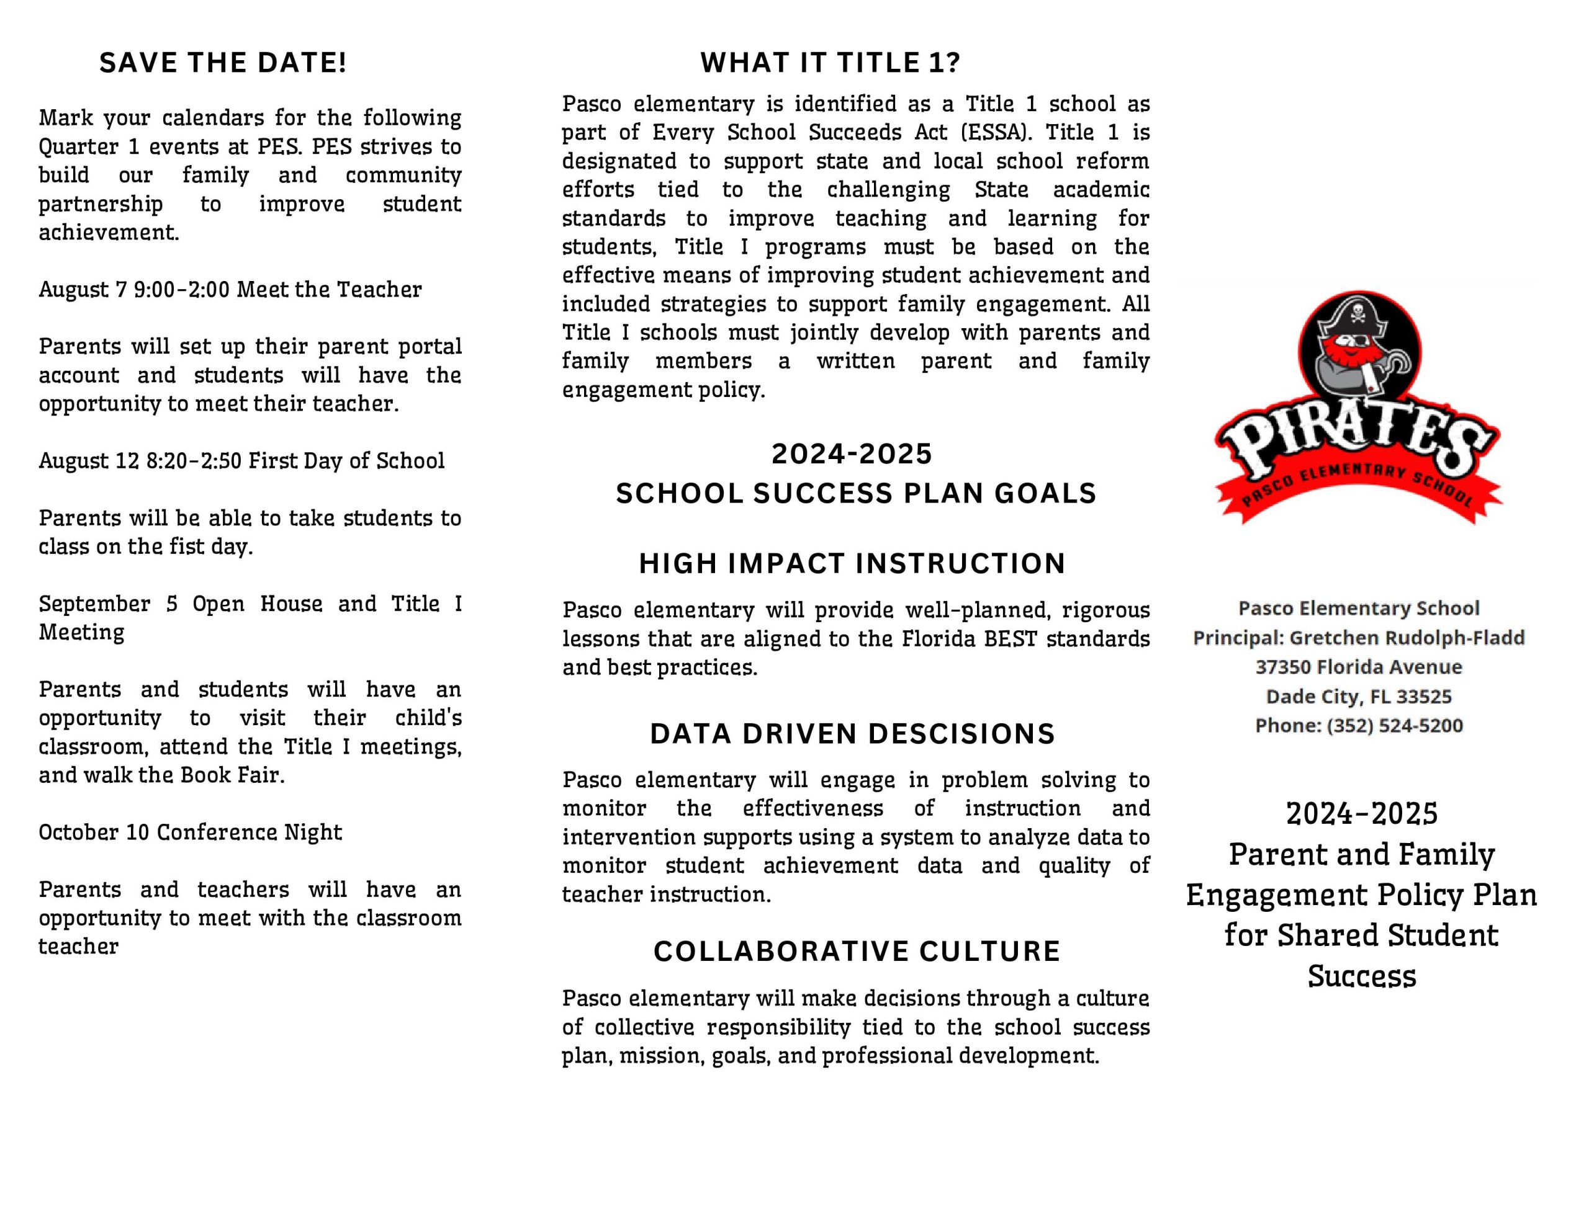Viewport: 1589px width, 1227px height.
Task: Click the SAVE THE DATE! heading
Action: coord(223,63)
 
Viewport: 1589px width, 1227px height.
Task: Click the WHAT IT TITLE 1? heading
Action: coord(830,63)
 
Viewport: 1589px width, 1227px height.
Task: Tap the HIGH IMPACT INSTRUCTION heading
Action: coord(852,564)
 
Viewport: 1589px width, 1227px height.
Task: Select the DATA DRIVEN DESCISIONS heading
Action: coord(852,734)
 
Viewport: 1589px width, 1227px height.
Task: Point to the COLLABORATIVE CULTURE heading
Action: coord(857,952)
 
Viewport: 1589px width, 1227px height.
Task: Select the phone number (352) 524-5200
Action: coord(1395,725)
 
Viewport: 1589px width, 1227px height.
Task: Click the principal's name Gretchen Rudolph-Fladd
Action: coord(1407,638)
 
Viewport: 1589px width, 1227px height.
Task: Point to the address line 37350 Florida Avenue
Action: coord(1358,667)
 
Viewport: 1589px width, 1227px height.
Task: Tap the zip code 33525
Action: coord(1424,697)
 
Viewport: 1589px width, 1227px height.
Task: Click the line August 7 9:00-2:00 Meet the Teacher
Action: coord(230,290)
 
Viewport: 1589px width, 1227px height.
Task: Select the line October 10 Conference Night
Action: coord(190,832)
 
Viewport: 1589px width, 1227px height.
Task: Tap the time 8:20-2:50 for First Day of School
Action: coord(193,461)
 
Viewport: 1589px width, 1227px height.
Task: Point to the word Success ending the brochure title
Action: coord(1361,976)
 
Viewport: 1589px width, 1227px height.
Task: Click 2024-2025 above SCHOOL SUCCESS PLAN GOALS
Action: coord(852,454)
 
